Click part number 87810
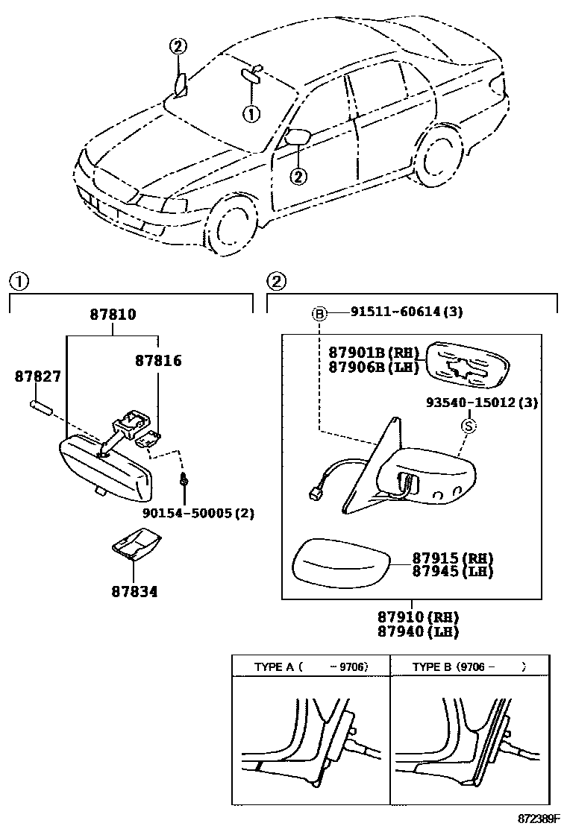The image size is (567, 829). [113, 315]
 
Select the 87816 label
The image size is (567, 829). [157, 361]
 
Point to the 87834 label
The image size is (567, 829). [134, 592]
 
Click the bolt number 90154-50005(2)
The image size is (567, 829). [194, 513]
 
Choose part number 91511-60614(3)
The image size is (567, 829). [407, 312]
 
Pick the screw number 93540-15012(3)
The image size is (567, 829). [482, 403]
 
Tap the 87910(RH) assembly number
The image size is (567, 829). [417, 617]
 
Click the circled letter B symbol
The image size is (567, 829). [319, 314]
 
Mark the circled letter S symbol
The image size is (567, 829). [469, 426]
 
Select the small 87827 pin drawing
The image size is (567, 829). [40, 407]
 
